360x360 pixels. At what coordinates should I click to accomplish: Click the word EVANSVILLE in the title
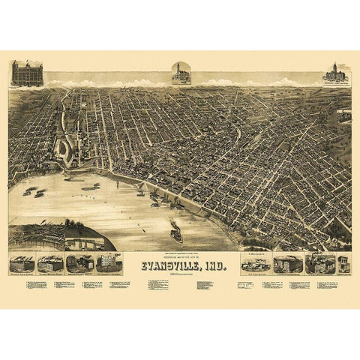point(169,264)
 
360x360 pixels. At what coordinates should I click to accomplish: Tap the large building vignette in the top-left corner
point(27,73)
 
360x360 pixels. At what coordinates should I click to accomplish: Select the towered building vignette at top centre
point(181,73)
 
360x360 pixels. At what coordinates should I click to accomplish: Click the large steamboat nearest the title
point(175,234)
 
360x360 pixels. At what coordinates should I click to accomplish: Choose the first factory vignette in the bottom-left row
point(22,263)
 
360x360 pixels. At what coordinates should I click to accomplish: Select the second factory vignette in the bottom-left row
point(50,263)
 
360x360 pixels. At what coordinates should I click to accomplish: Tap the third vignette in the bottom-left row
point(79,263)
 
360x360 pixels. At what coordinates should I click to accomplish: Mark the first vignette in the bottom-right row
point(256,262)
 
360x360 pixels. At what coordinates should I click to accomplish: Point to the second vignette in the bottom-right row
point(288,263)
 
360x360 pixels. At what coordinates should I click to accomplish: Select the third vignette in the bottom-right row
point(320,263)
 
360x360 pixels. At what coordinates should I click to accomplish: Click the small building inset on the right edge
point(344,115)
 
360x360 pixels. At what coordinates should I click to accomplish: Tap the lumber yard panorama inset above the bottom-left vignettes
point(36,237)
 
